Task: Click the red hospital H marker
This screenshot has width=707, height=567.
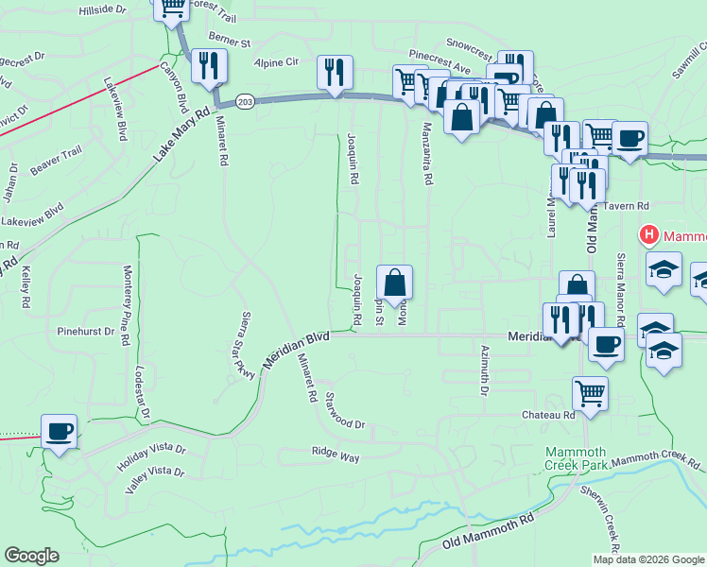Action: point(649,234)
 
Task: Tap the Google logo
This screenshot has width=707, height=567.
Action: point(31,556)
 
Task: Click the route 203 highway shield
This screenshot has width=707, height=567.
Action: point(245,101)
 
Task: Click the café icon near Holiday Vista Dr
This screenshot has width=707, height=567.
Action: point(60,432)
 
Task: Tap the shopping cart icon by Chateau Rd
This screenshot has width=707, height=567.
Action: point(590,391)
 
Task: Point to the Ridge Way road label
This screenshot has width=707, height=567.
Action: point(336,455)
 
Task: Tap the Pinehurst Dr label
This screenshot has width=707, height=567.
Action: point(85,332)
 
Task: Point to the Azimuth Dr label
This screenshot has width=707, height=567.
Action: point(483,364)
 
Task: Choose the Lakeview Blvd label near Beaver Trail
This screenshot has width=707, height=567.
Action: point(33,214)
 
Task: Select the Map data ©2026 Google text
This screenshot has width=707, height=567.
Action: point(648,559)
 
